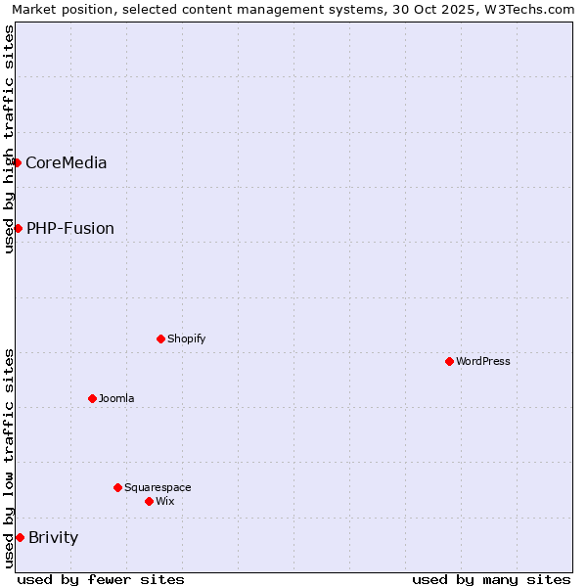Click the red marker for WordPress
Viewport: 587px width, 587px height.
coord(449,361)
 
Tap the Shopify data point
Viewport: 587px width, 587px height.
coord(160,339)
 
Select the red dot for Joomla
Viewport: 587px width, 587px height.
coord(92,398)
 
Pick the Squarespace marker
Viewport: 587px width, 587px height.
coord(117,487)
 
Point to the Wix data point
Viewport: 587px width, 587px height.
coord(149,501)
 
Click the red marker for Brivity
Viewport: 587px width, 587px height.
coord(20,537)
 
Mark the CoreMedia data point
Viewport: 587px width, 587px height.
coord(17,162)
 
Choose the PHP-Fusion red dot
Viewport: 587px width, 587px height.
coord(18,228)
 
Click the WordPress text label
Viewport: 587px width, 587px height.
coord(482,361)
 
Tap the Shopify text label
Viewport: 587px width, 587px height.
coord(186,339)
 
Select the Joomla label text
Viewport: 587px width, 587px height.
coord(116,398)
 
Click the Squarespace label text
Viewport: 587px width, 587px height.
coord(158,487)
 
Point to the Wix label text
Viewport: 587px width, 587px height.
coord(164,501)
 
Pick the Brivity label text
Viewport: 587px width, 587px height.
coord(53,537)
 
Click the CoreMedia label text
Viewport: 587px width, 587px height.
coord(66,162)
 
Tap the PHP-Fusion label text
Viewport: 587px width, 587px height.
coord(69,228)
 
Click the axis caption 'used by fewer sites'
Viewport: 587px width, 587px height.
coord(101,579)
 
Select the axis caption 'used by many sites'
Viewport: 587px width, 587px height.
coord(491,579)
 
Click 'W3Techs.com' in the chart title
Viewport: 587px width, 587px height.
coord(533,9)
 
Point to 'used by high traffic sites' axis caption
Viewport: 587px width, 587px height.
coord(9,139)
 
